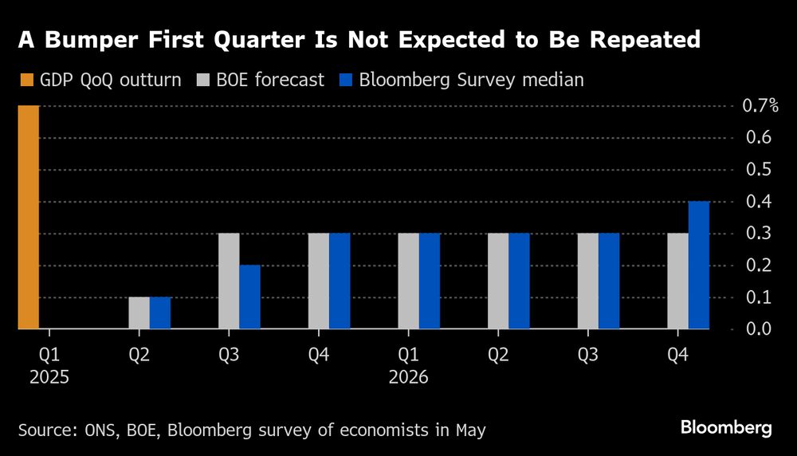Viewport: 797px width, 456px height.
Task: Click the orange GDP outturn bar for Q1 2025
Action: coord(29,217)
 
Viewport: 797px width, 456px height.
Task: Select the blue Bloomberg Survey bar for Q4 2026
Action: coord(699,265)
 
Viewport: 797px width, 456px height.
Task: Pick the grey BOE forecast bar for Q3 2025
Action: coord(229,281)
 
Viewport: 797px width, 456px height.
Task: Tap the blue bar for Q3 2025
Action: coord(249,297)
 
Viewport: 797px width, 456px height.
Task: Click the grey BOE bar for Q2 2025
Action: coord(139,313)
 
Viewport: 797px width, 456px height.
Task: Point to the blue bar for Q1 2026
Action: coord(430,281)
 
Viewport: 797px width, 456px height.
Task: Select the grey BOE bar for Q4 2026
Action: coord(678,281)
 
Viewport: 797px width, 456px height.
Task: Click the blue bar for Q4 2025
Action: coord(340,281)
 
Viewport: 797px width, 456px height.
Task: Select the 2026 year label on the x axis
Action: coord(409,378)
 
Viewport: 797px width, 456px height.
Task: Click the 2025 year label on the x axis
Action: coord(49,378)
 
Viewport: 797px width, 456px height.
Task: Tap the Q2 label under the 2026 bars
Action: coord(499,353)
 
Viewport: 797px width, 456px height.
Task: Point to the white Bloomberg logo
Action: coord(726,428)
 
